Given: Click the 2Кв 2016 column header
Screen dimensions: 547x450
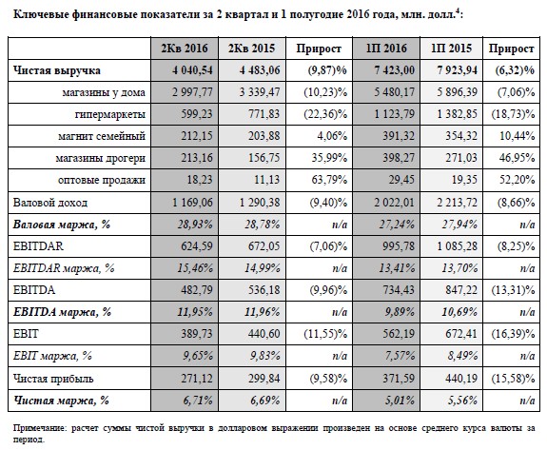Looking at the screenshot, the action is click(x=185, y=49).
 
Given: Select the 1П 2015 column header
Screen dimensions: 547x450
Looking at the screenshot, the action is click(x=451, y=49).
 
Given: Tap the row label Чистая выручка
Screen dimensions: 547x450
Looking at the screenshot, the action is click(x=57, y=70).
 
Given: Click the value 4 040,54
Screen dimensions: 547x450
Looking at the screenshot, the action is click(x=192, y=70).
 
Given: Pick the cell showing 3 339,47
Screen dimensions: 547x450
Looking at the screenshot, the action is click(x=260, y=92).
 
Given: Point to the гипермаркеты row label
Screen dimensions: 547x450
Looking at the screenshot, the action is click(x=110, y=114).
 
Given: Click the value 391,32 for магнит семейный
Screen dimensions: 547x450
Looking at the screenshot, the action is click(x=399, y=136).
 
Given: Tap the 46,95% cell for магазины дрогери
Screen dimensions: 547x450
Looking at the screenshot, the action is click(x=517, y=158).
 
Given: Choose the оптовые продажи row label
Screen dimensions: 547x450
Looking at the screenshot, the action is click(x=102, y=180).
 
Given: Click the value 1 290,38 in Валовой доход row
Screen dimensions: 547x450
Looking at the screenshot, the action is click(x=260, y=203).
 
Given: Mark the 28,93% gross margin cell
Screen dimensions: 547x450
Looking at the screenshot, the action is click(x=195, y=225).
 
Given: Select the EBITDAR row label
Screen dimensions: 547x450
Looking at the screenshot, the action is click(x=38, y=246).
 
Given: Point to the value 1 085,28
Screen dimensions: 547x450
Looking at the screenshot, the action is click(x=458, y=246).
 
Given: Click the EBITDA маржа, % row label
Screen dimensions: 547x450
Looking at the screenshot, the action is click(x=62, y=312).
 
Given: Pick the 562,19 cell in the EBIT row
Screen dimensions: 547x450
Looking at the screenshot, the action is click(x=399, y=334).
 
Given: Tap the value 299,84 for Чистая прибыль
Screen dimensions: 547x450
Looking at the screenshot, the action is click(x=264, y=379).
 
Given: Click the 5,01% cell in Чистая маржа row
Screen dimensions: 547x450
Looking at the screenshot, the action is click(x=400, y=401).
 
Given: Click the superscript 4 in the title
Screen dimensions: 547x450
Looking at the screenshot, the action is click(x=458, y=12).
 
